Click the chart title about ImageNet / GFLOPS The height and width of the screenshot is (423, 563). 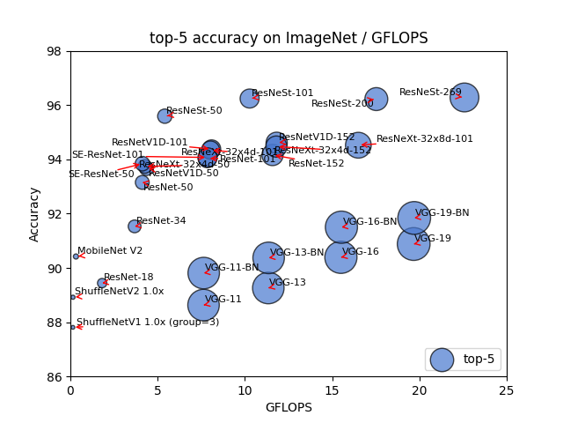coord(289,38)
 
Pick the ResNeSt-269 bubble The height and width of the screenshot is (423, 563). coord(464,97)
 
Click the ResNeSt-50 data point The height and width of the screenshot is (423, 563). coord(165,115)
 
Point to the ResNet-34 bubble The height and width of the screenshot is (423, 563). coord(135,226)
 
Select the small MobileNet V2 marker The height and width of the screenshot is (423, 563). coord(76,256)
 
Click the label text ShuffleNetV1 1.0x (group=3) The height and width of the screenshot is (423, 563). coord(148,323)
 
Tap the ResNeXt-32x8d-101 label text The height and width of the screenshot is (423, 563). coord(425,139)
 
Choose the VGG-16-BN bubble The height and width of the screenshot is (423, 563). coord(340,227)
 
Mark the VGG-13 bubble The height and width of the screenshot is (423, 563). coord(268,287)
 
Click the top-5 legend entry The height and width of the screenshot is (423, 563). coord(464,359)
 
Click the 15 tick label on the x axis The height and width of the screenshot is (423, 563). coord(333,390)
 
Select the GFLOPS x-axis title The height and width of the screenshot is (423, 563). coord(289,407)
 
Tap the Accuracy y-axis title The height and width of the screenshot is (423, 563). coord(35,214)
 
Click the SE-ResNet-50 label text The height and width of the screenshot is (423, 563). coord(101,174)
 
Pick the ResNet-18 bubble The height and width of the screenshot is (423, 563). coord(102,283)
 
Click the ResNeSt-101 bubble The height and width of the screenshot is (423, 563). coord(250,98)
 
